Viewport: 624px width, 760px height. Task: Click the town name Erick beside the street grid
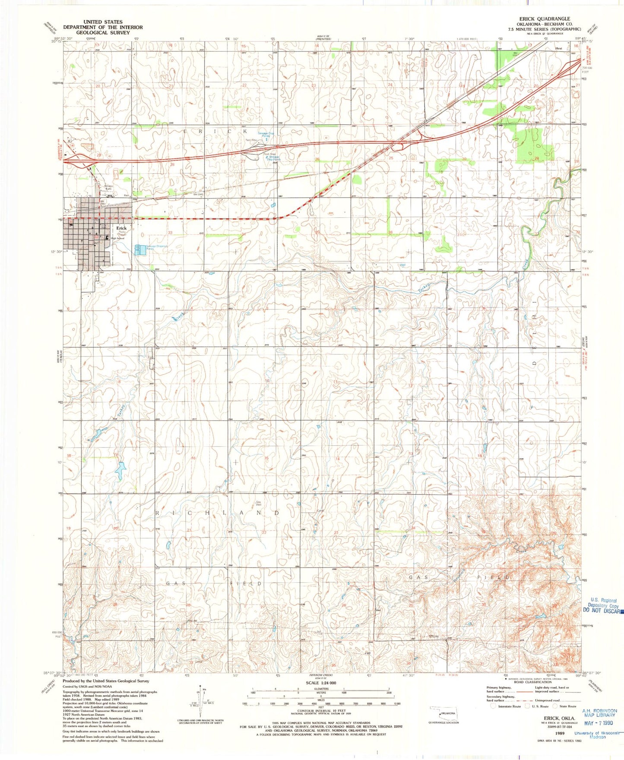click(x=121, y=228)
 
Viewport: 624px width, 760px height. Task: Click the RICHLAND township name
click(x=218, y=513)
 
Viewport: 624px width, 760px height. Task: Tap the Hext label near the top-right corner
click(x=558, y=49)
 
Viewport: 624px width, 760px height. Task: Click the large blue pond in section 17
click(x=120, y=470)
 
